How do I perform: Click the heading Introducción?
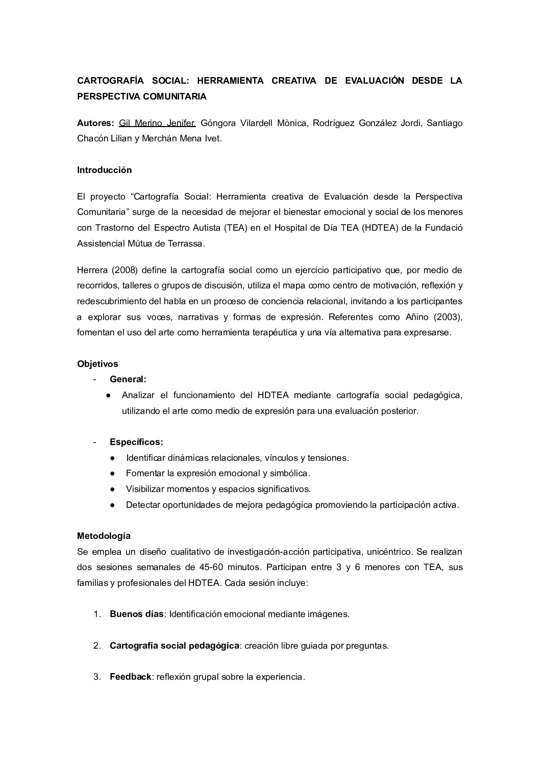click(104, 170)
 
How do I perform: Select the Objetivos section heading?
click(97, 364)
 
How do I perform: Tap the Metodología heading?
click(104, 536)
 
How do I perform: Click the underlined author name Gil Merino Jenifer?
click(157, 123)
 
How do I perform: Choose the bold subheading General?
click(128, 379)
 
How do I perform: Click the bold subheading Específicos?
click(136, 442)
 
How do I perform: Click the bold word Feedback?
click(131, 677)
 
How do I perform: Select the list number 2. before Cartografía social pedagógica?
click(97, 646)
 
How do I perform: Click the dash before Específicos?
click(95, 442)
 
